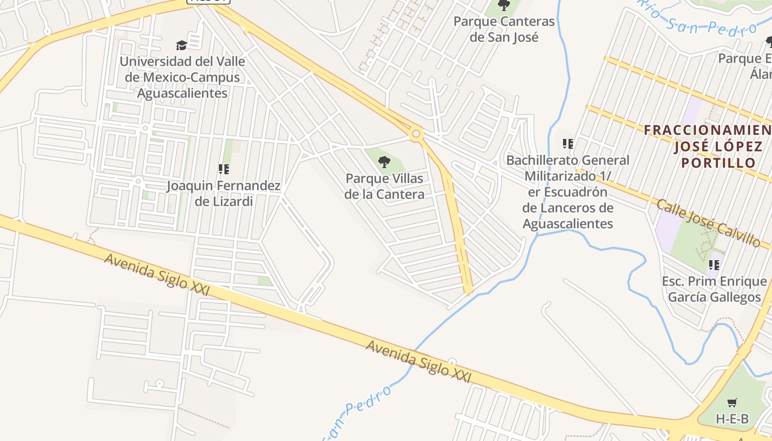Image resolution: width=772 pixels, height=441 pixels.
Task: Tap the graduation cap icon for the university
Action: pos(181,45)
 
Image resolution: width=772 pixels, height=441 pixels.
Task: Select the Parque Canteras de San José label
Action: pos(503,29)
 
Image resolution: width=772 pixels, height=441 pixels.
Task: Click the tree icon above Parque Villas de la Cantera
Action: pos(384,162)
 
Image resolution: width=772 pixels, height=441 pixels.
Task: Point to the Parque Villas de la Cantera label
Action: pos(384,186)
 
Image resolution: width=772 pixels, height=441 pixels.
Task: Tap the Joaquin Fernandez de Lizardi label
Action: pos(223,193)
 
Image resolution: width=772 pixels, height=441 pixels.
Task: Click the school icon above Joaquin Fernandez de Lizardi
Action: pos(223,169)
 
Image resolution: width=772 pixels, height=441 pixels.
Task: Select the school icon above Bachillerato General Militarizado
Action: pos(567,144)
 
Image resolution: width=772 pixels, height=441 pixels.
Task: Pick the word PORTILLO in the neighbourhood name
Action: pos(718,163)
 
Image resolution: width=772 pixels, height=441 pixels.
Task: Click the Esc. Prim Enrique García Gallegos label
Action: pos(714,289)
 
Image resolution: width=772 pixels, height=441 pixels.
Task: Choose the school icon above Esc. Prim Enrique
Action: pos(714,265)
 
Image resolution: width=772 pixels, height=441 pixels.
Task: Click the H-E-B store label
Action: pos(732,418)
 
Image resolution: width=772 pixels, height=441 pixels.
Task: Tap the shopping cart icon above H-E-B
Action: pos(732,403)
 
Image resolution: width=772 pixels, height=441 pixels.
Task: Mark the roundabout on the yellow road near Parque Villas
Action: pos(416,133)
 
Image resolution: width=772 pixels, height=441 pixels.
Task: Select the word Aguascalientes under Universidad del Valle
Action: pos(182,93)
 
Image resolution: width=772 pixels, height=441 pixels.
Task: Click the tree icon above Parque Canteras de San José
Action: pos(503,6)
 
